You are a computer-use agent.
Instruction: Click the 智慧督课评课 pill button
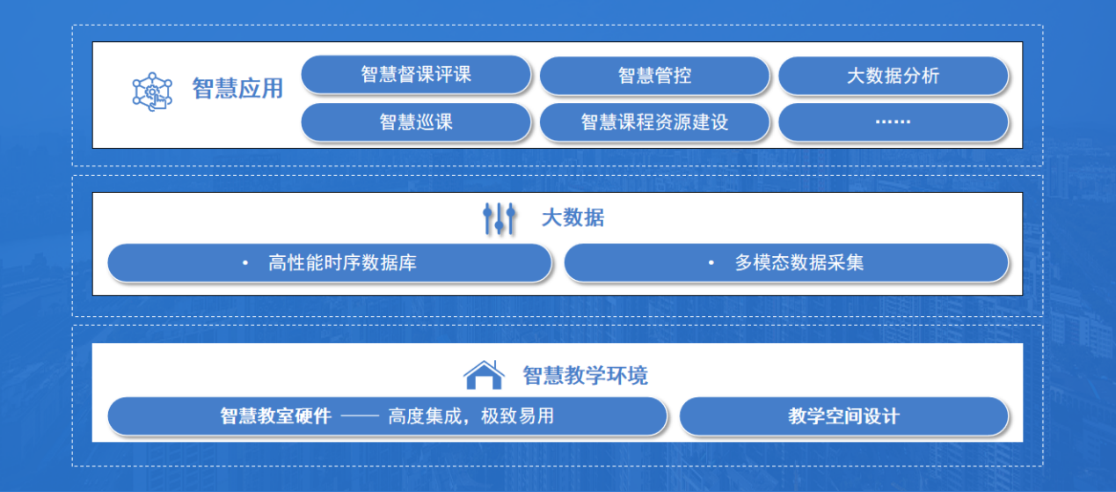click(416, 75)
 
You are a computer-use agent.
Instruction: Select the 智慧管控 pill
click(654, 76)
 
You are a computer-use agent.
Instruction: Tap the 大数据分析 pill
click(894, 76)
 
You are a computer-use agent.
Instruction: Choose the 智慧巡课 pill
click(416, 122)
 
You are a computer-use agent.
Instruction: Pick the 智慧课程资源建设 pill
click(654, 122)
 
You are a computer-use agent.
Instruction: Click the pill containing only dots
click(894, 122)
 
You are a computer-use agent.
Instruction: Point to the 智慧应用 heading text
click(237, 89)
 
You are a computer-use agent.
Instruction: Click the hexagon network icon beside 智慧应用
click(152, 92)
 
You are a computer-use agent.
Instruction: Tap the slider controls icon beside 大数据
click(500, 218)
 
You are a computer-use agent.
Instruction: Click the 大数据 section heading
click(573, 218)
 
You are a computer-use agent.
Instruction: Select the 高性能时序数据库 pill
click(330, 262)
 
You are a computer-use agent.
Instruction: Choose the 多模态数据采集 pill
click(786, 262)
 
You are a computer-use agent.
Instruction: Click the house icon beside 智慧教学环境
click(484, 375)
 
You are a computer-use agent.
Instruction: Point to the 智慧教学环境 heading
click(586, 375)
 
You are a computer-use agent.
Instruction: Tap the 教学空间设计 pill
click(844, 416)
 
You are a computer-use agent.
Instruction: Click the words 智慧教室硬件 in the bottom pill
click(276, 416)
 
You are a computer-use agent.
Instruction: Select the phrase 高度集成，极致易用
click(471, 416)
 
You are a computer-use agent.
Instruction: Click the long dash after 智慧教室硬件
click(360, 416)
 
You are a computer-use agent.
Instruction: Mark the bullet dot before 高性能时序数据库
click(245, 262)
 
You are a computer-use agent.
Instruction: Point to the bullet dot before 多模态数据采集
click(711, 262)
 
